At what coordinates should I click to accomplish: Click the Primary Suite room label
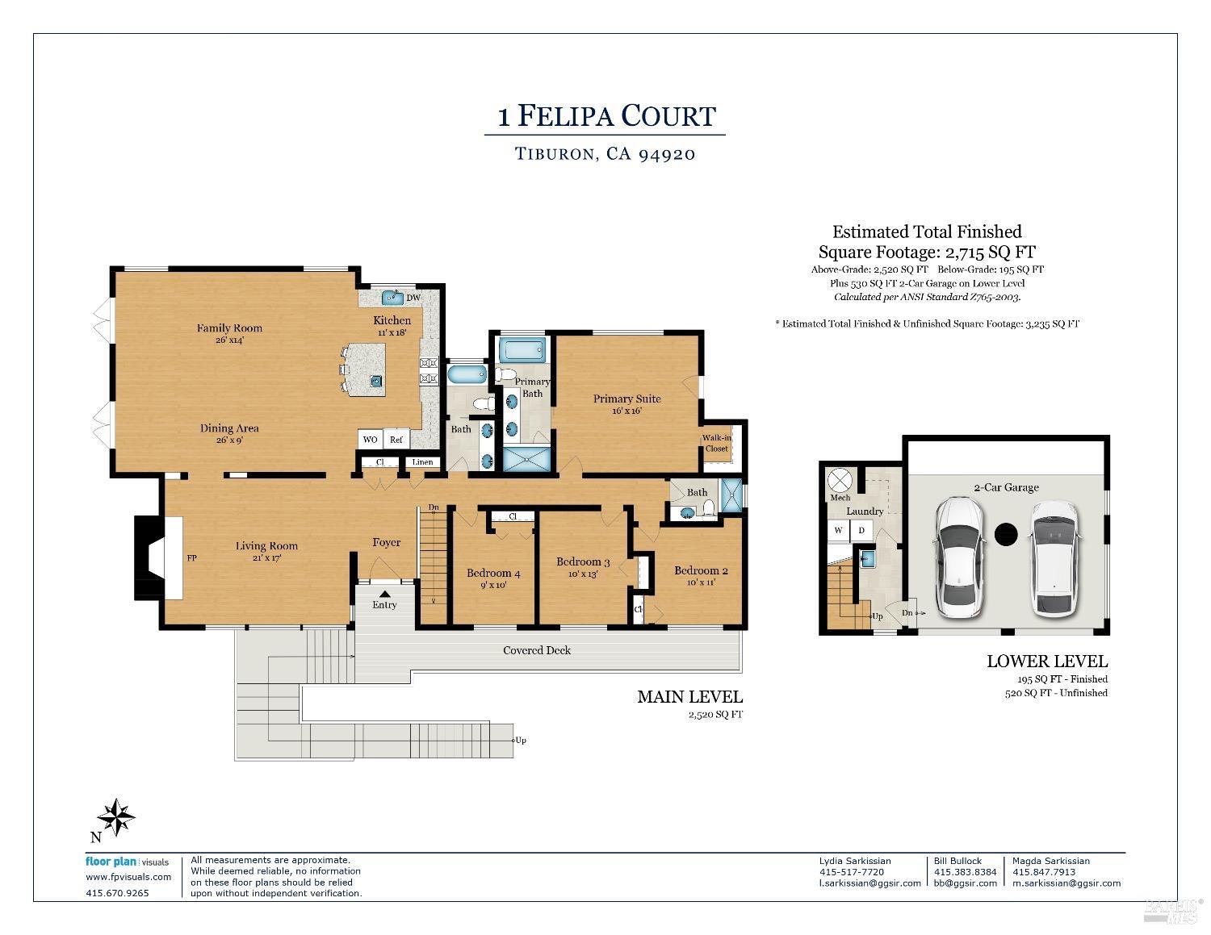[x=626, y=399]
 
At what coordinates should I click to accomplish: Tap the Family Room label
[x=229, y=328]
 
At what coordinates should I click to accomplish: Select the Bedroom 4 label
[x=493, y=573]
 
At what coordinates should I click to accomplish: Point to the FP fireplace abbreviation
[x=191, y=558]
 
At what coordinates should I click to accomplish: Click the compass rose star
[x=116, y=817]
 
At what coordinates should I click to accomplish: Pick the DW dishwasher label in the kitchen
[x=413, y=298]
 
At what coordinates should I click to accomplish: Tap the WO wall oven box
[x=370, y=440]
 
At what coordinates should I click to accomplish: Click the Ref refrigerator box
[x=396, y=440]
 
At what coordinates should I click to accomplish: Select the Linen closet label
[x=422, y=461]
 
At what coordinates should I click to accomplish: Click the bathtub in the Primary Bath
[x=522, y=351]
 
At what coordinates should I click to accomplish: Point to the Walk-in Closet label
[x=716, y=443]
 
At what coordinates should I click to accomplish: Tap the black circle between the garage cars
[x=1006, y=535]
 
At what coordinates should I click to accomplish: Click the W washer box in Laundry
[x=838, y=530]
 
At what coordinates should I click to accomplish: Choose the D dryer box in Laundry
[x=861, y=530]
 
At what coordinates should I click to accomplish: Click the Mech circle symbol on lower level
[x=840, y=481]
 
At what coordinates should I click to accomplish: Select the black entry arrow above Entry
[x=384, y=595]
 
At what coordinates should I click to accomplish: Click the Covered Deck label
[x=537, y=650]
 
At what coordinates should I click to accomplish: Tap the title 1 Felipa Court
[x=606, y=116]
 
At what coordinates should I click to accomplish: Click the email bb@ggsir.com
[x=966, y=883]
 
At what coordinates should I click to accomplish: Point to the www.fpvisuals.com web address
[x=128, y=877]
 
